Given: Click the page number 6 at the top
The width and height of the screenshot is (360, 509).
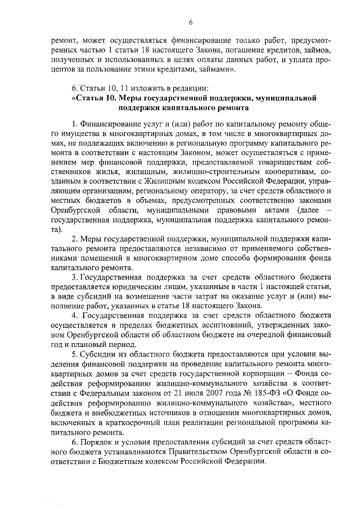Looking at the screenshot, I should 191,22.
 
